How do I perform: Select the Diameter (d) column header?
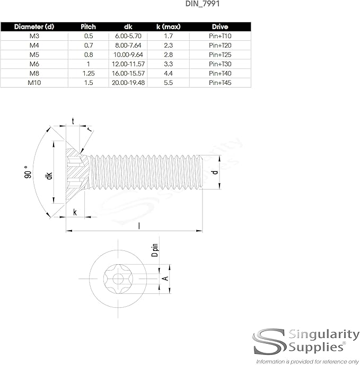tap(34, 27)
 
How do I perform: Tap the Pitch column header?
tap(88, 27)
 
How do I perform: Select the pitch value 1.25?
tap(88, 73)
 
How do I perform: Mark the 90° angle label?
tap(28, 173)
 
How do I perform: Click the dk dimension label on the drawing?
tap(49, 176)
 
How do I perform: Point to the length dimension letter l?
tap(139, 225)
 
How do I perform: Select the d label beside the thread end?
tap(215, 172)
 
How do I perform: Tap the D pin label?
tap(155, 249)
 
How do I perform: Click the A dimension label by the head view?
tap(165, 278)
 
